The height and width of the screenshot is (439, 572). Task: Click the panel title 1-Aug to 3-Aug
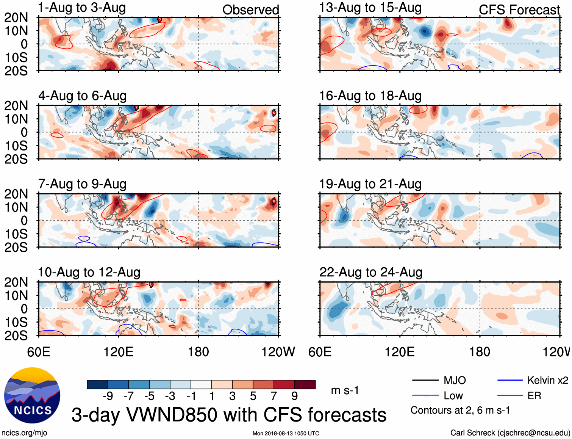[82, 8]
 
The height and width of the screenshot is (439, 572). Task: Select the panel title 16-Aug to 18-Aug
[370, 96]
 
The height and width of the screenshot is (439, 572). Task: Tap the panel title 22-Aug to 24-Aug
[371, 272]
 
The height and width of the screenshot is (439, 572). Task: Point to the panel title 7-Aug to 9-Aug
[82, 184]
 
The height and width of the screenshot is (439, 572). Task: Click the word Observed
[250, 10]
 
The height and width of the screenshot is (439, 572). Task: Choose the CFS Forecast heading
[519, 10]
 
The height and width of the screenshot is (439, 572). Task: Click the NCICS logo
[32, 395]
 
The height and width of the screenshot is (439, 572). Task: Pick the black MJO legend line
[425, 380]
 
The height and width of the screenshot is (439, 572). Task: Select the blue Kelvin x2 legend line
[510, 380]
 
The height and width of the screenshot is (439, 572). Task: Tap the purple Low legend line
[425, 396]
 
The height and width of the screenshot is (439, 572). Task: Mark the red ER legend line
[510, 396]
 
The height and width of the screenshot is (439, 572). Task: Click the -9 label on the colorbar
[108, 396]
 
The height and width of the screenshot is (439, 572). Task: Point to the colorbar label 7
[274, 396]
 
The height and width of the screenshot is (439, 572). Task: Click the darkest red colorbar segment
[305, 384]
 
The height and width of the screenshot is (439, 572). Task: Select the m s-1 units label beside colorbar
[345, 390]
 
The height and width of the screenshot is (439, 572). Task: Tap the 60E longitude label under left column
[39, 352]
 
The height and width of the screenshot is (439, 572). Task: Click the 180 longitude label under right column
[480, 352]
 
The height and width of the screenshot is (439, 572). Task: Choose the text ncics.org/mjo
[24, 433]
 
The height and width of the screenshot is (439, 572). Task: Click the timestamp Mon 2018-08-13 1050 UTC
[286, 433]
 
